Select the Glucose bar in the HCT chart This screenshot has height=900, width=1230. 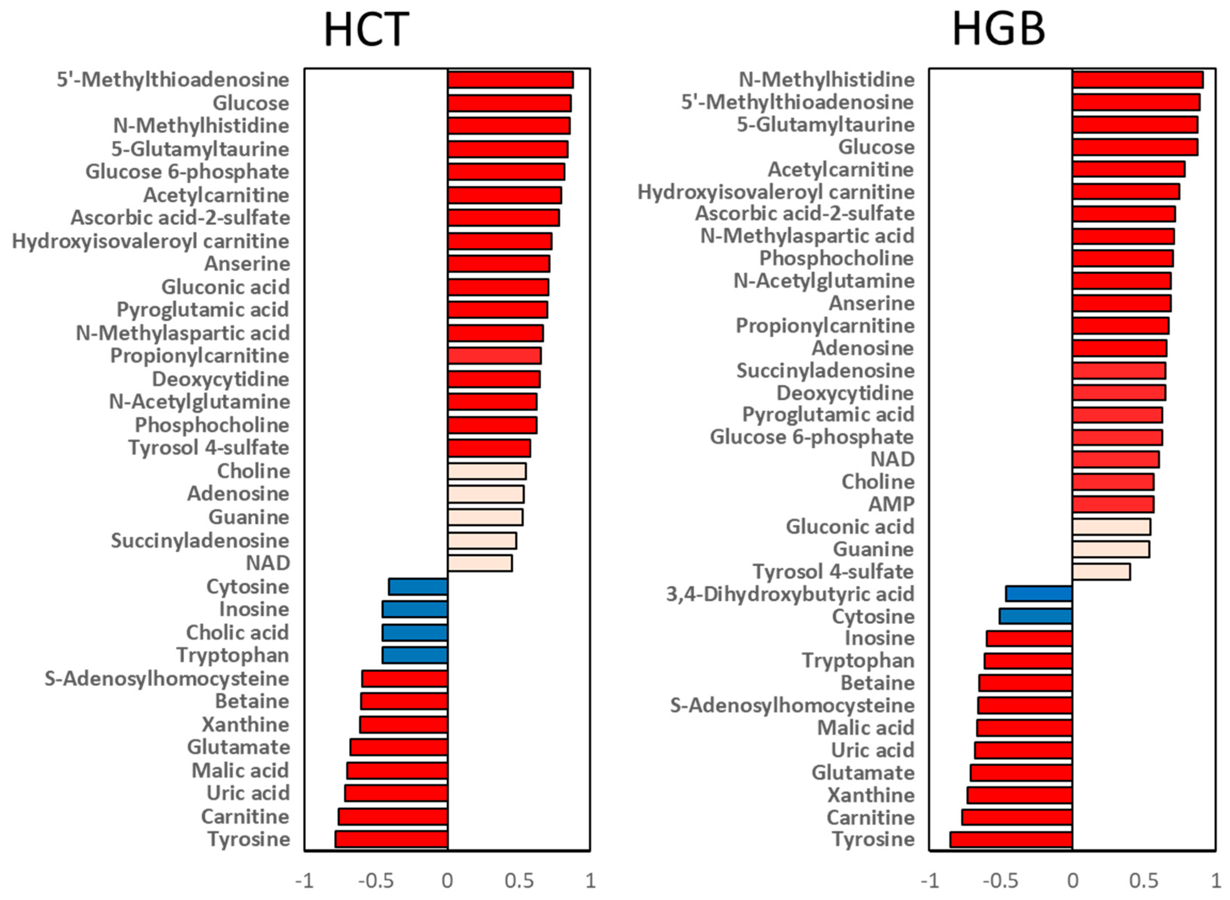click(x=509, y=103)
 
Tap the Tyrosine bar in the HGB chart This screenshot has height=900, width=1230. click(x=1011, y=840)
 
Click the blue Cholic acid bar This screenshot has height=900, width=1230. click(x=415, y=632)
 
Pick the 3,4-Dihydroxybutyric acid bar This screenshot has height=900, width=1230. click(x=1039, y=594)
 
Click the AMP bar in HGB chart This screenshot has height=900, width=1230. click(x=1113, y=504)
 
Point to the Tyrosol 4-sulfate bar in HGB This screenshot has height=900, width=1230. click(x=1101, y=572)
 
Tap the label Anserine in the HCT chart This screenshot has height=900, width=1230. click(x=247, y=264)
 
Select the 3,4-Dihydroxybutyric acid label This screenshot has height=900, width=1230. click(x=790, y=594)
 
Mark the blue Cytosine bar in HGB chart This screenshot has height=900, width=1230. click(x=1035, y=616)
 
